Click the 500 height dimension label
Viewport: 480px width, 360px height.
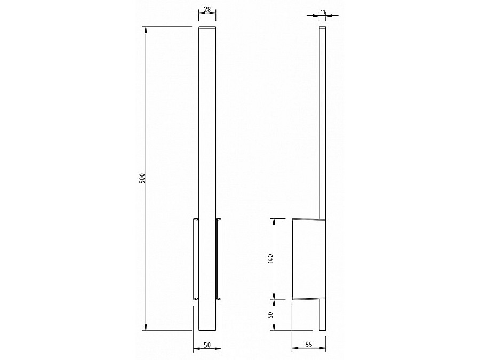point(142,179)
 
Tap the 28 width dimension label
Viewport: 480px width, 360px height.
point(207,9)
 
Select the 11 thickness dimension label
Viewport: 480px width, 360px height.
point(322,12)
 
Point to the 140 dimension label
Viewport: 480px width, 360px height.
point(270,259)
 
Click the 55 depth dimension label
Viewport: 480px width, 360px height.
point(309,345)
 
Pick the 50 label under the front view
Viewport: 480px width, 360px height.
point(207,345)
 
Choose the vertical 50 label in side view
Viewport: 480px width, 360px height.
point(270,315)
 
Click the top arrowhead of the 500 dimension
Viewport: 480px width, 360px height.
point(146,30)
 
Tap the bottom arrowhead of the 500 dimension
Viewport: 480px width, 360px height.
point(146,327)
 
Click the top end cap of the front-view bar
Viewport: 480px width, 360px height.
point(207,28)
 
